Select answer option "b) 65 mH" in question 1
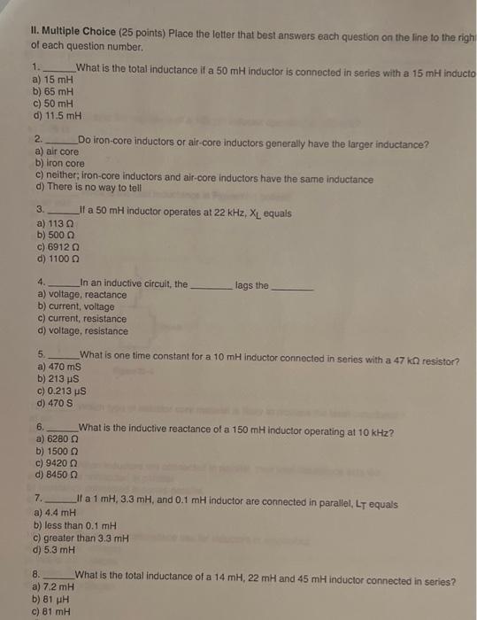pyautogui.click(x=53, y=91)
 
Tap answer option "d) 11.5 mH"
pyautogui.click(x=57, y=115)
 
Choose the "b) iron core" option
pyautogui.click(x=60, y=164)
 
